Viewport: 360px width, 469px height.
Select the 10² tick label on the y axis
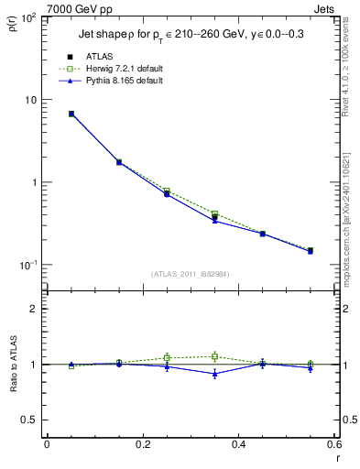[30, 18]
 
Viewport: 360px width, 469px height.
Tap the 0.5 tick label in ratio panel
[33, 420]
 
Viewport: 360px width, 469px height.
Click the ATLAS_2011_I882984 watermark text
[191, 274]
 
